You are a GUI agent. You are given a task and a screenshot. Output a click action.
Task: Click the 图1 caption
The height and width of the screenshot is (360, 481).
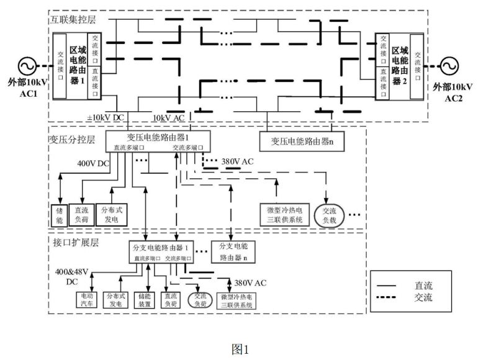pos(240,349)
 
